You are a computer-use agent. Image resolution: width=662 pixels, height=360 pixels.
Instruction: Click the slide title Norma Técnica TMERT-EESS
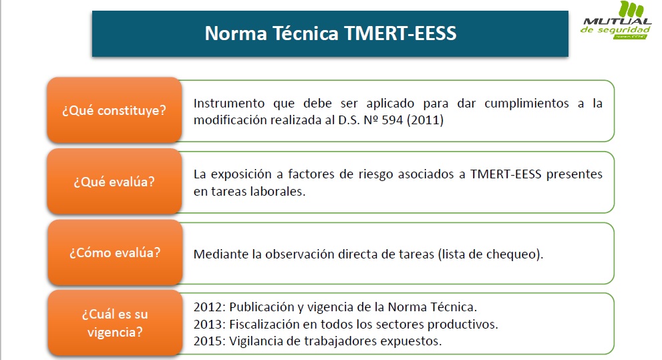tap(330, 33)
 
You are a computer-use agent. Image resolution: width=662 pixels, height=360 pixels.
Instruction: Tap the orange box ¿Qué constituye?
tap(114, 110)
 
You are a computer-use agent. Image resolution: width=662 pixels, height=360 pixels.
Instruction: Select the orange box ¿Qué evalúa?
tap(114, 181)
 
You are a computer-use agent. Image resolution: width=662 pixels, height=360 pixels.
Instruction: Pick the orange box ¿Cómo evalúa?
tap(114, 253)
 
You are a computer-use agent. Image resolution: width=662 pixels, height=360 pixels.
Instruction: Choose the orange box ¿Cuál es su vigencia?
tap(114, 322)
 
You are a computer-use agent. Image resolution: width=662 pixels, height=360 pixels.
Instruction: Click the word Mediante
tap(218, 254)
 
